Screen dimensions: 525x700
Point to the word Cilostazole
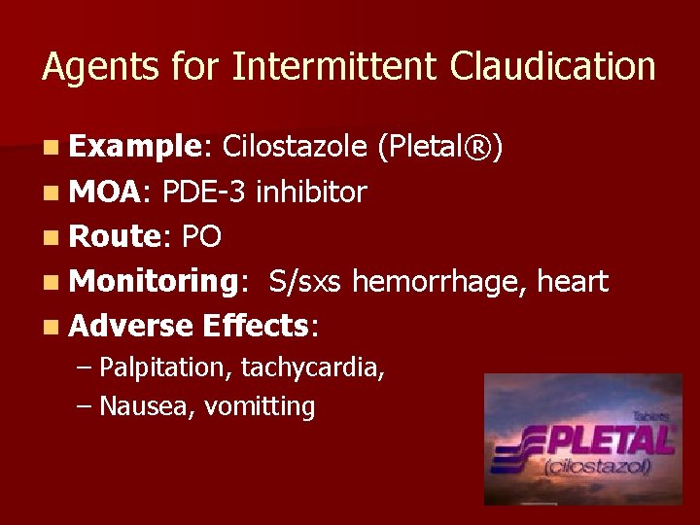(294, 147)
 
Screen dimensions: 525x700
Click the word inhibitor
(311, 192)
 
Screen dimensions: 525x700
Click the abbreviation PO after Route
(201, 237)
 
